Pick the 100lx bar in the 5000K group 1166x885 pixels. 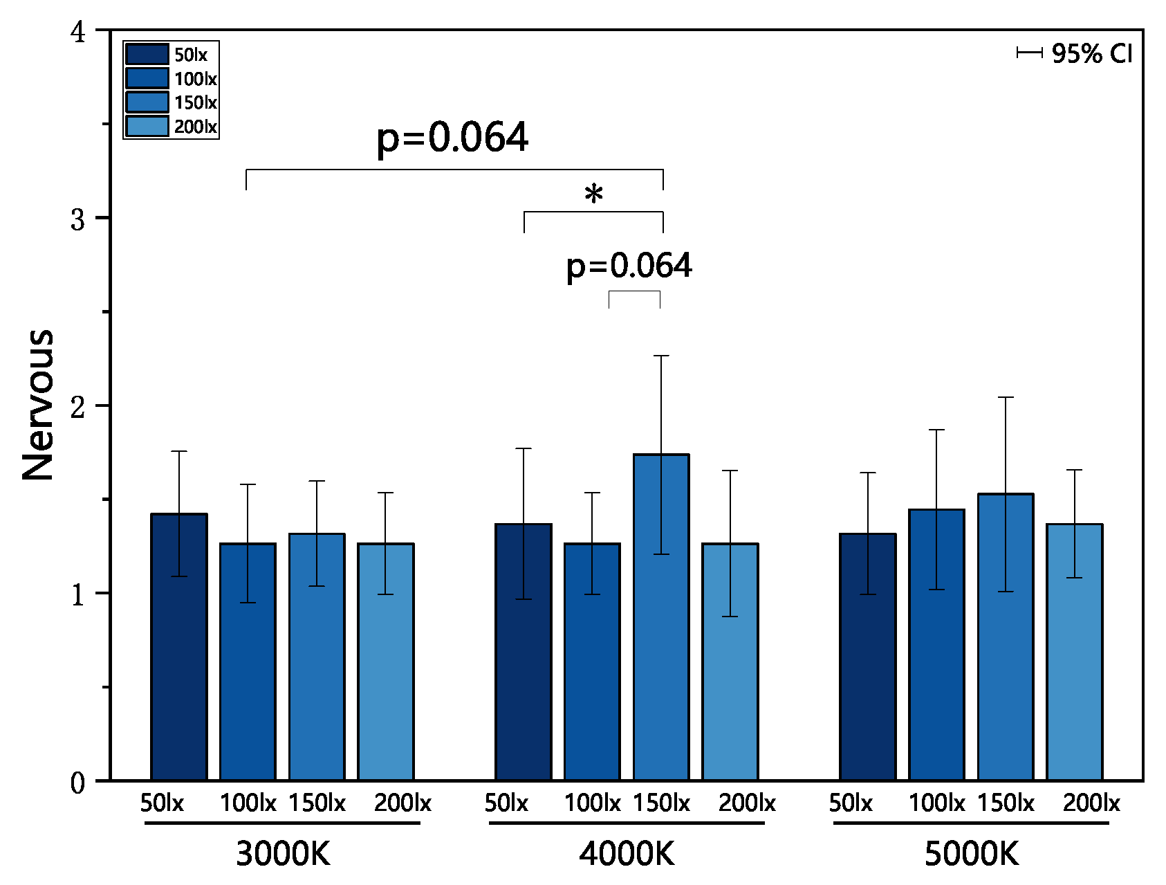(x=936, y=657)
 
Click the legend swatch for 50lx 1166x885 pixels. (x=147, y=55)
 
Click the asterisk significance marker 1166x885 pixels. (x=593, y=194)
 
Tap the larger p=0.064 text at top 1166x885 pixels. (x=452, y=137)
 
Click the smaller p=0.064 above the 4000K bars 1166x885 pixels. (x=629, y=266)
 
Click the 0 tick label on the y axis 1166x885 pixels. (x=78, y=783)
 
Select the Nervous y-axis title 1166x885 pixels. (x=39, y=405)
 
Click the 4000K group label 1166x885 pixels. (x=627, y=854)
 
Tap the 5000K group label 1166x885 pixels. (x=971, y=854)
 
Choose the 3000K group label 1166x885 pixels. (x=283, y=854)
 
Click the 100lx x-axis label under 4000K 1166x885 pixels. (x=592, y=803)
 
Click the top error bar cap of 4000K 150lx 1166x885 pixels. (x=661, y=356)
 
